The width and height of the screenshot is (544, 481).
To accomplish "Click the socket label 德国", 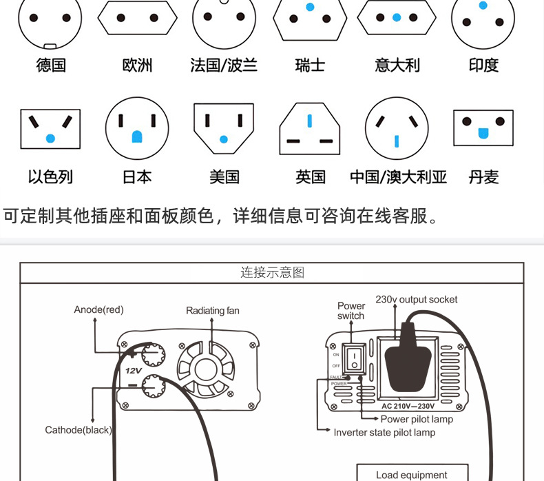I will coord(51,65).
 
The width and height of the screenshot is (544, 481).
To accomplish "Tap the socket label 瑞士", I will coord(310,65).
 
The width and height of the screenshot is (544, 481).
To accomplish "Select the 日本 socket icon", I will coord(137,128).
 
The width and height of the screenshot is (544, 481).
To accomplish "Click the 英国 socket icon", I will coord(310,129).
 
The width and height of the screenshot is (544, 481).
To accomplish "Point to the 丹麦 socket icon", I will coord(483,127).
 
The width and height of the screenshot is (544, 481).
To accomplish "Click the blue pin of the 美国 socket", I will coord(223,139).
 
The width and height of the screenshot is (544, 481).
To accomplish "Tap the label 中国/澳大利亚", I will coord(398,177).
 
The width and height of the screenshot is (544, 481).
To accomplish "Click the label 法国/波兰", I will coord(224,65).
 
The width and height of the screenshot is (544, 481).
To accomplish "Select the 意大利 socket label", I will coord(398,65).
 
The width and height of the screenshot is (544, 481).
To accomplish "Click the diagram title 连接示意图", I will coord(272,272).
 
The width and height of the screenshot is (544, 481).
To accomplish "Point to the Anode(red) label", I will coord(98,309).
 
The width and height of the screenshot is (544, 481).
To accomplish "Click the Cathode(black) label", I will coord(79,430).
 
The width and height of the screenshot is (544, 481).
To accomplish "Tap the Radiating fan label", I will coord(213,311).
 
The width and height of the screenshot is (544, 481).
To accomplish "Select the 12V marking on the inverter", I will coord(132,370).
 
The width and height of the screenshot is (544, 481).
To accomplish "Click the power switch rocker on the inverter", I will coord(353,357).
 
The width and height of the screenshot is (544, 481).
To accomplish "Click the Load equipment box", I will coord(412,474).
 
